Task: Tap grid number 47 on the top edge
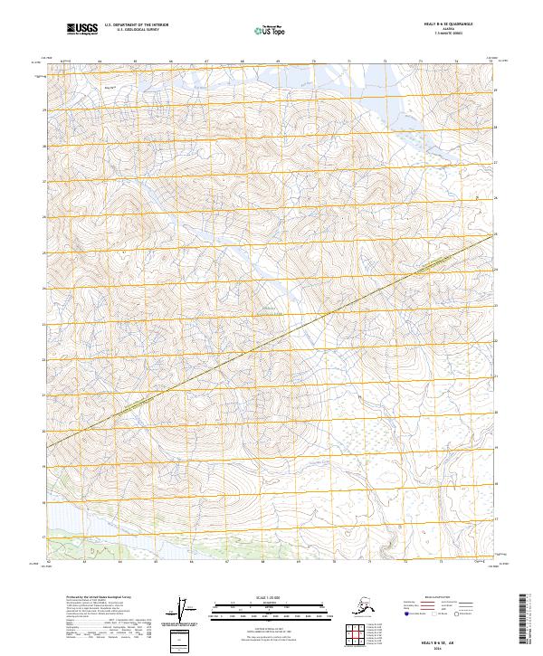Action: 206,62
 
